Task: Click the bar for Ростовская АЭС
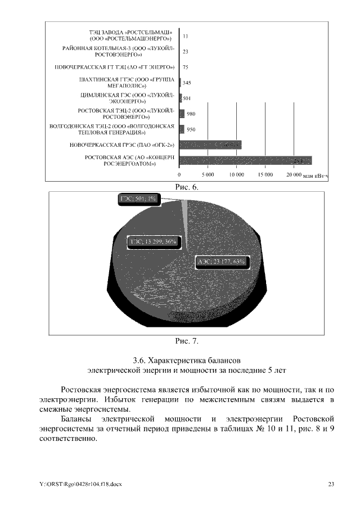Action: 245,161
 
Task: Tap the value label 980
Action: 191,114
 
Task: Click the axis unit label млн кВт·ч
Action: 315,176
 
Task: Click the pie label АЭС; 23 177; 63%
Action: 222,261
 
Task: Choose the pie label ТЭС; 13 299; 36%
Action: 154,241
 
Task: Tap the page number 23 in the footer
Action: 331,484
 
